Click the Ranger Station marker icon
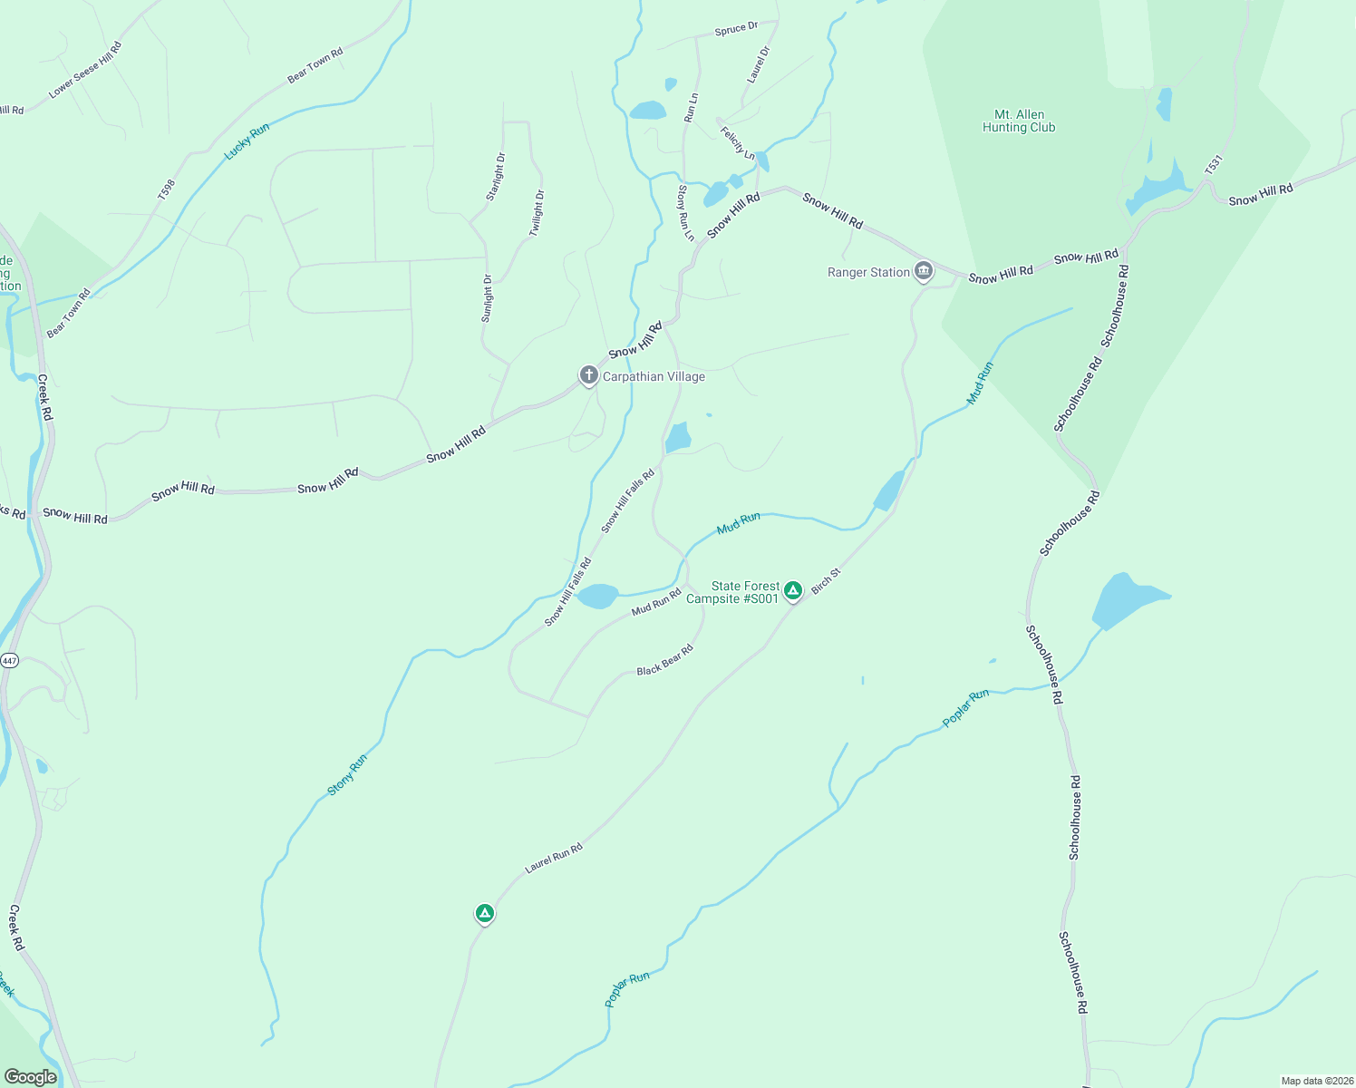(923, 270)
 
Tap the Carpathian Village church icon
(588, 374)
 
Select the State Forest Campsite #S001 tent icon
(793, 591)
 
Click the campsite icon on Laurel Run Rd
(485, 913)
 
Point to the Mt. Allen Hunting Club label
(1019, 121)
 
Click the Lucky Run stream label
(247, 142)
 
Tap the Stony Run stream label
(347, 775)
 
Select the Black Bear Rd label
(664, 659)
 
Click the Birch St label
(826, 581)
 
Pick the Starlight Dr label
(495, 177)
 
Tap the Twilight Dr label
(537, 213)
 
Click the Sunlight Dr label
(487, 298)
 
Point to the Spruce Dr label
(736, 29)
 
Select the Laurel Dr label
(758, 64)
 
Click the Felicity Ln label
(737, 142)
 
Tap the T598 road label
(166, 189)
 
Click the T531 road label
(1214, 165)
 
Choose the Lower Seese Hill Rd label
(85, 70)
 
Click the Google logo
(30, 1076)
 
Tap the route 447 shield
(9, 660)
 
